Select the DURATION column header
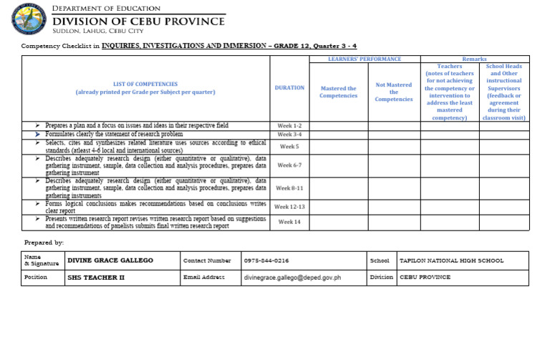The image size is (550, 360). point(289,88)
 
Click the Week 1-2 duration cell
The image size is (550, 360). point(289,125)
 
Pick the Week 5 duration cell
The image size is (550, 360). point(289,147)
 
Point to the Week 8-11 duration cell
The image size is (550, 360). point(289,188)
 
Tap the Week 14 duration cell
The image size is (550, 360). point(289,222)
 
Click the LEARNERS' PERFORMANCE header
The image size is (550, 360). point(365,59)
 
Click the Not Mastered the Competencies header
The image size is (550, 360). point(394,92)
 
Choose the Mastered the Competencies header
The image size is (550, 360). point(338,92)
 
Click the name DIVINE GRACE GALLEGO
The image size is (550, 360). point(110,261)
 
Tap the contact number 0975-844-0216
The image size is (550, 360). point(266,261)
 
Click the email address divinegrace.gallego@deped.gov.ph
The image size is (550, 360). point(292,277)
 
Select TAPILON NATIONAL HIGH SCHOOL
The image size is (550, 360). point(451,261)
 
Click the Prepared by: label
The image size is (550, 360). point(44,243)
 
